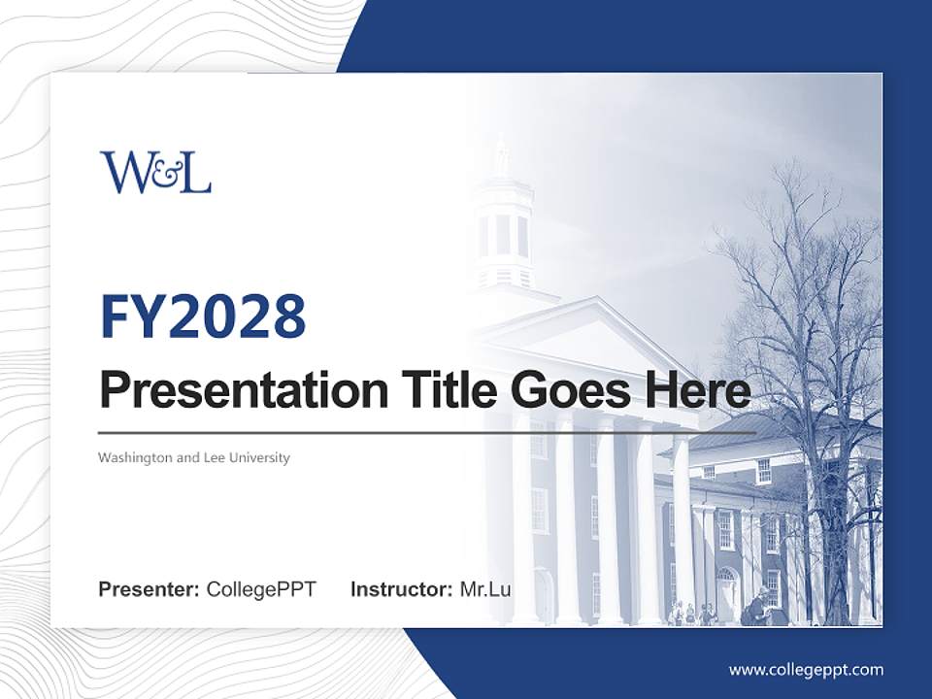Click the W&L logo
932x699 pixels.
[155, 172]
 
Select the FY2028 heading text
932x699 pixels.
[203, 316]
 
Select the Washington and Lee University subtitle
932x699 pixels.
[194, 457]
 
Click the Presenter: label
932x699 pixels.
[150, 589]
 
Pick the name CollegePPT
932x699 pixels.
[261, 589]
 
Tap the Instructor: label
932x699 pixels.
[401, 589]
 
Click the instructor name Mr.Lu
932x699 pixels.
[485, 589]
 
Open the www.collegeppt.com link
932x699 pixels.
[806, 669]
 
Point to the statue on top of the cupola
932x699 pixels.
[501, 155]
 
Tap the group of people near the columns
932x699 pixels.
[694, 614]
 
